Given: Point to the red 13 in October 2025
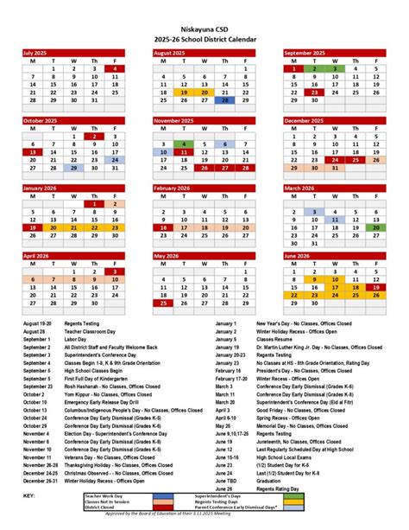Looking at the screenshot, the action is [33, 152].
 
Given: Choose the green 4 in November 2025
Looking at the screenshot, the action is [183, 144].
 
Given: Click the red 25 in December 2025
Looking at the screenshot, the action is [355, 160].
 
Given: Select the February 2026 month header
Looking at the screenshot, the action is [173, 188].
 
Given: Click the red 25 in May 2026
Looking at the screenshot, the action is [163, 303].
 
